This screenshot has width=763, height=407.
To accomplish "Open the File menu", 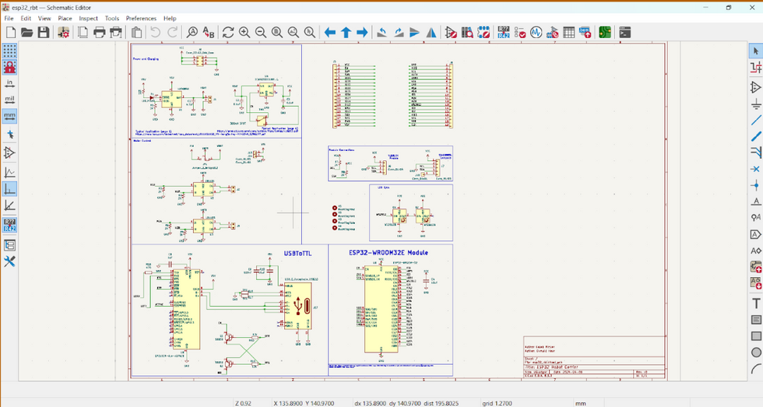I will [9, 18].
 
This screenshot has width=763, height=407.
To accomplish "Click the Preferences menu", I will [141, 18].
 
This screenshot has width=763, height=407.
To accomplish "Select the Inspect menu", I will [89, 18].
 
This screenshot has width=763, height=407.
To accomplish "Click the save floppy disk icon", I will [44, 33].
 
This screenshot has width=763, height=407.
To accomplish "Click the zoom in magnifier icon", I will [244, 33].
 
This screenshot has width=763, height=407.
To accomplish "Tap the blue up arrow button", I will [346, 33].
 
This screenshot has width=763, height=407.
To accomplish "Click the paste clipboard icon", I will [137, 33].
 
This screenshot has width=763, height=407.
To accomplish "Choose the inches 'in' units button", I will [9, 83].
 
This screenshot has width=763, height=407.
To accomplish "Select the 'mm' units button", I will [9, 117].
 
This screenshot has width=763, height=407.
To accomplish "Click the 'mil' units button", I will [9, 100].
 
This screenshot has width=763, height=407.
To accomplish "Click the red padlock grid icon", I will [9, 67].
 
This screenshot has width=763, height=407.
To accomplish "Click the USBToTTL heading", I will [298, 253].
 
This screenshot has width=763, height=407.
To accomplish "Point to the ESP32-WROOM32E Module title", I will [389, 252].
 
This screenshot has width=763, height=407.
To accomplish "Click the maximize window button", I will [729, 7].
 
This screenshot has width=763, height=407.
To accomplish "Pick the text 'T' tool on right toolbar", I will [755, 303].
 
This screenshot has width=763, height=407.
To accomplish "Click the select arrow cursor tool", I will [755, 51].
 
